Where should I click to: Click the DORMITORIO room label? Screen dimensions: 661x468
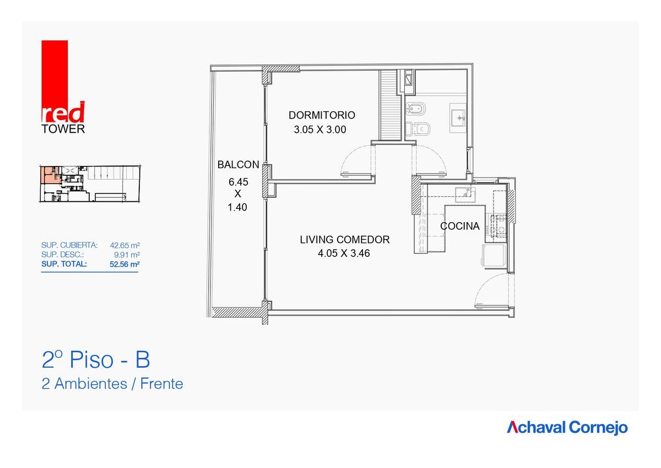click(322, 115)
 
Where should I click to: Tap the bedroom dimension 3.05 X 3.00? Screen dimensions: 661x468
click(320, 130)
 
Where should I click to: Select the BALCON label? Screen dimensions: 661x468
click(238, 165)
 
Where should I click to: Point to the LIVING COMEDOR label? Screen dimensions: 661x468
click(345, 239)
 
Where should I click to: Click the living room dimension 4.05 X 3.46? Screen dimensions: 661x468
click(344, 254)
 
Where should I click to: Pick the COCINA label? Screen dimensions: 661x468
click(460, 226)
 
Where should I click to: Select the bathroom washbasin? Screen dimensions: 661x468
click(458, 118)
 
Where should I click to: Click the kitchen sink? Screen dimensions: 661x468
click(465, 195)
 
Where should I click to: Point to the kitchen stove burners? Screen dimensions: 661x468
click(499, 226)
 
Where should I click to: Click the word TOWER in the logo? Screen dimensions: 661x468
click(63, 129)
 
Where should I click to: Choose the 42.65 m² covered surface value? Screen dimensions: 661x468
click(125, 245)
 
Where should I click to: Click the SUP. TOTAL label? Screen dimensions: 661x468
click(64, 264)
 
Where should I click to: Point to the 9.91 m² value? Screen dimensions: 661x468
click(127, 255)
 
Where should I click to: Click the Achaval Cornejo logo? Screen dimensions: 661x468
click(567, 428)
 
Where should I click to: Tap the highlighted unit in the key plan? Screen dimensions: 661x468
click(50, 175)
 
